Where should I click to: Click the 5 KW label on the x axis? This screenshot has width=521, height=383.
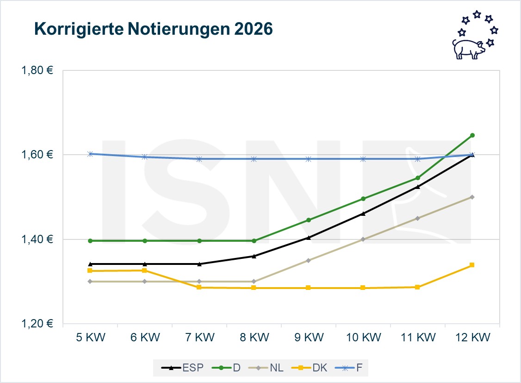tap(90, 337)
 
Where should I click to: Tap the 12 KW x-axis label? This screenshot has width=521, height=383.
tap(472, 337)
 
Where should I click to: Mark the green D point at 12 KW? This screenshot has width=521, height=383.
tap(472, 135)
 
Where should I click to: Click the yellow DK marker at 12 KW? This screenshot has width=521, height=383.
tap(472, 265)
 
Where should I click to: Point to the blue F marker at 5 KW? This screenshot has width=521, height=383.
tap(90, 154)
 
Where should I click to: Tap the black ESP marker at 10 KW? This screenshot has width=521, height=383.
tap(363, 213)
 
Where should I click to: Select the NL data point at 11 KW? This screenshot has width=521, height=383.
tap(417, 218)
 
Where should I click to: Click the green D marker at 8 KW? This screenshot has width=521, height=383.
tap(254, 241)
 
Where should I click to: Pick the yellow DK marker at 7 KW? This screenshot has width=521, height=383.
tap(199, 287)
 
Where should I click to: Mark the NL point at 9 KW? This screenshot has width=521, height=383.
tap(308, 260)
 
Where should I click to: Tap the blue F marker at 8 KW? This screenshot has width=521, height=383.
tap(254, 159)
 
